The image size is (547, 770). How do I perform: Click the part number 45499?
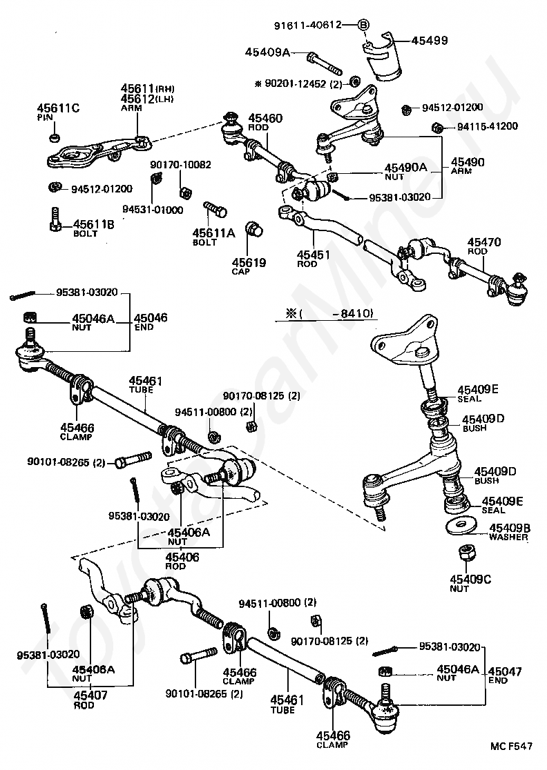(429, 40)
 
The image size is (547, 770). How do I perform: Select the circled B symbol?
(363, 24)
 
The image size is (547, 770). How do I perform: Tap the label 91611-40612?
(307, 24)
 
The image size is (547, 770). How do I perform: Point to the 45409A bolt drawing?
(324, 65)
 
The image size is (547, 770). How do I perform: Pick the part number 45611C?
(58, 108)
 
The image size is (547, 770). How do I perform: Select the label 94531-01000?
(153, 210)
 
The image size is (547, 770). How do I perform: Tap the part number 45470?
(484, 242)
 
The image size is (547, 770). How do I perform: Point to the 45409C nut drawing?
(466, 553)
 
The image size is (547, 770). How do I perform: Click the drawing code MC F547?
(511, 746)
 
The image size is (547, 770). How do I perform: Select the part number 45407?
(90, 695)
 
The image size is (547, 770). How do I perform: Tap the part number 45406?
(182, 557)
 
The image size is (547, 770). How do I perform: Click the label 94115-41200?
(488, 126)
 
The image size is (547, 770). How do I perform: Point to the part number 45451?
(314, 255)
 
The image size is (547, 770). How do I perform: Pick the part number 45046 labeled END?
(151, 317)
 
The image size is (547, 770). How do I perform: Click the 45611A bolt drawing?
(215, 209)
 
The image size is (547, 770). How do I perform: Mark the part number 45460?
(265, 119)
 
